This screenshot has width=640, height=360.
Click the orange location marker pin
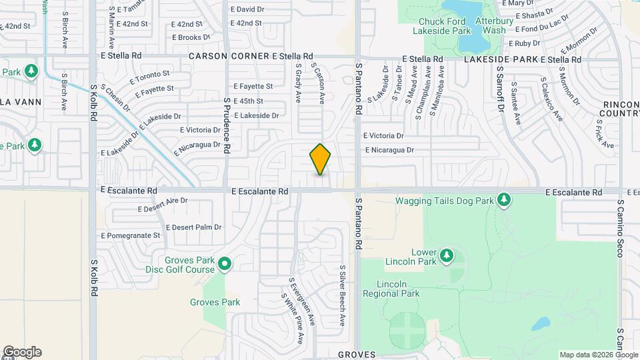click(x=320, y=159)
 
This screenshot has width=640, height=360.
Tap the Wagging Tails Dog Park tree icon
click(x=505, y=200)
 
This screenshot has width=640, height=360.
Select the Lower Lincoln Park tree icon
click(x=446, y=255)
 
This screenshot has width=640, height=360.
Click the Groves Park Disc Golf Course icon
click(x=225, y=265)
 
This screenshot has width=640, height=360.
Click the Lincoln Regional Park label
click(x=391, y=289)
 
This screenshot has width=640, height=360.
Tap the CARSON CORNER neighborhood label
click(x=229, y=57)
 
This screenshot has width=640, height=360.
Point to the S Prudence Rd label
click(x=227, y=125)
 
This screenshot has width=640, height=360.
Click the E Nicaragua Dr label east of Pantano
click(x=389, y=150)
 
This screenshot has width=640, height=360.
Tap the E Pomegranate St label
click(x=130, y=235)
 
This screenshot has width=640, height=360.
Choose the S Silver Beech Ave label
click(x=342, y=295)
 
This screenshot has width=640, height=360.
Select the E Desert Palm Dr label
click(x=193, y=227)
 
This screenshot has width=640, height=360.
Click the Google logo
click(x=21, y=352)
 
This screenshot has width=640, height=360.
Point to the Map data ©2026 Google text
click(x=599, y=355)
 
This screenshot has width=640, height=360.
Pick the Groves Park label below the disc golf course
click(x=215, y=302)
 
